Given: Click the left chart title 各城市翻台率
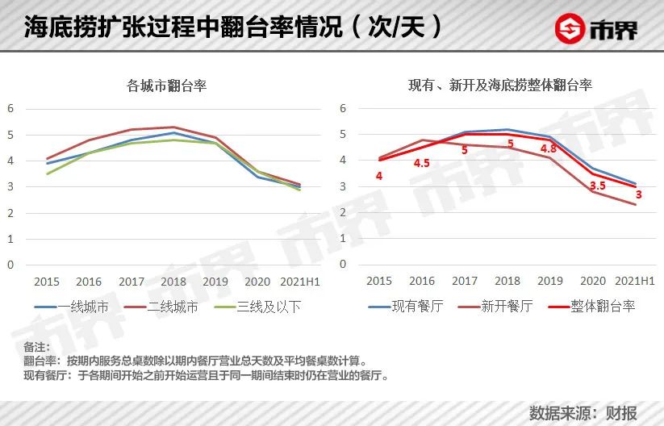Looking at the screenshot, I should click(167, 85).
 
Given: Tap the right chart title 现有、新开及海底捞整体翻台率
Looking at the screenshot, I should click(500, 85).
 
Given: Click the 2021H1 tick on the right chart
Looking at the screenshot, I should click(635, 282).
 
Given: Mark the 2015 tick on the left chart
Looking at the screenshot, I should click(47, 282).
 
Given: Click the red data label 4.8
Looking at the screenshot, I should click(549, 149).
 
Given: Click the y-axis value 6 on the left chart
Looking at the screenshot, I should click(10, 108).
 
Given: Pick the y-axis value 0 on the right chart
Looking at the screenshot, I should click(343, 264).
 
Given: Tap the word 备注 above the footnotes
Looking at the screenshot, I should click(36, 347).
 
